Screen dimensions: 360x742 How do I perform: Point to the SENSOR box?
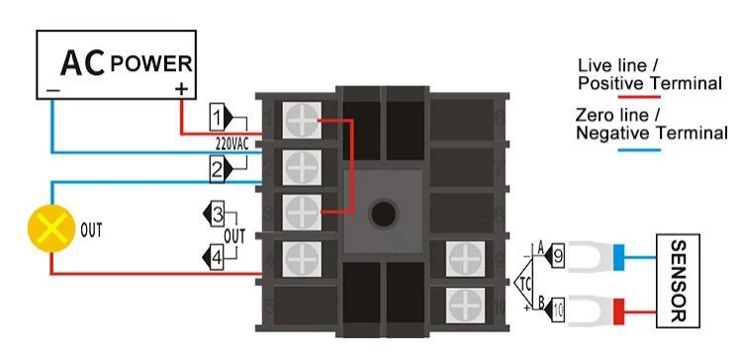(x=678, y=280)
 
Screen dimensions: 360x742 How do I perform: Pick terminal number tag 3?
(x=218, y=213)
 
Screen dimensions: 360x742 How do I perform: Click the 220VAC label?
(x=233, y=143)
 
